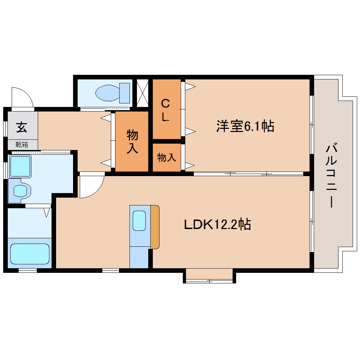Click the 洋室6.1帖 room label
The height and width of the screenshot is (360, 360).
[245, 126]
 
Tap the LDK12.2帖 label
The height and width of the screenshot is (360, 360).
[217, 224]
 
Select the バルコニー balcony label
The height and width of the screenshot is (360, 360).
[331, 175]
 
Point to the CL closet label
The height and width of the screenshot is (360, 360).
[165, 110]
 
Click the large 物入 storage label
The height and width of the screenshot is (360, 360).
[132, 141]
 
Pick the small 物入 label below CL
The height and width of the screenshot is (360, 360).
[166, 157]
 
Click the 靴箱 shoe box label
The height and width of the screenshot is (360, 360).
[22, 144]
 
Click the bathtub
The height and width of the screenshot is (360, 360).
[30, 253]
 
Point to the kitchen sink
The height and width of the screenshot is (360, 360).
[139, 221]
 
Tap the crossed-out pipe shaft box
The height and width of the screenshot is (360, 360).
[143, 93]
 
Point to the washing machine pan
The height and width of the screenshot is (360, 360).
[20, 166]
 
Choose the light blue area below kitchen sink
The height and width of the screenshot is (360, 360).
[139, 257]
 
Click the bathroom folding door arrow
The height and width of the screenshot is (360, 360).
[46, 212]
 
